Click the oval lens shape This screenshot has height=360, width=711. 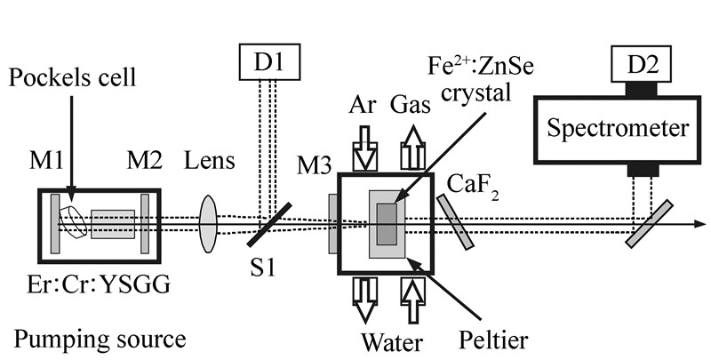tap(208, 222)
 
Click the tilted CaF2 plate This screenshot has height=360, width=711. tap(455, 222)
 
